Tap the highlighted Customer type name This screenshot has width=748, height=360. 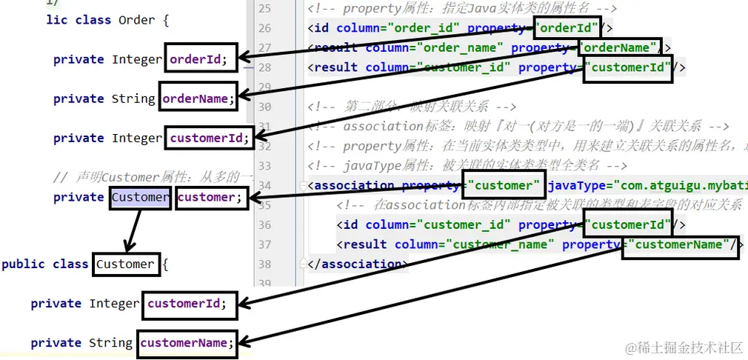pyautogui.click(x=140, y=197)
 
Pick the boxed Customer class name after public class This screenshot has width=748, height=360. pyautogui.click(x=125, y=264)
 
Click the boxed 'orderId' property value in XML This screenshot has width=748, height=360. pyautogui.click(x=567, y=29)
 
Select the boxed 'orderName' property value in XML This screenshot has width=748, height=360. pyautogui.click(x=618, y=48)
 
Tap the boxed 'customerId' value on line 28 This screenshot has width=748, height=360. pyautogui.click(x=627, y=68)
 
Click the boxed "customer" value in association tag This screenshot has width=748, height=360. pyautogui.click(x=503, y=185)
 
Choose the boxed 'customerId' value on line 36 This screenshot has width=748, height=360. pyautogui.click(x=627, y=224)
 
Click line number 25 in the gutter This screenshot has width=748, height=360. pyautogui.click(x=265, y=9)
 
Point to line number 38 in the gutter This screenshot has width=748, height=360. pyautogui.click(x=265, y=264)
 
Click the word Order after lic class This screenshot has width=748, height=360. pyautogui.click(x=136, y=20)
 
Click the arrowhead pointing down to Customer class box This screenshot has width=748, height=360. pyautogui.click(x=127, y=247)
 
